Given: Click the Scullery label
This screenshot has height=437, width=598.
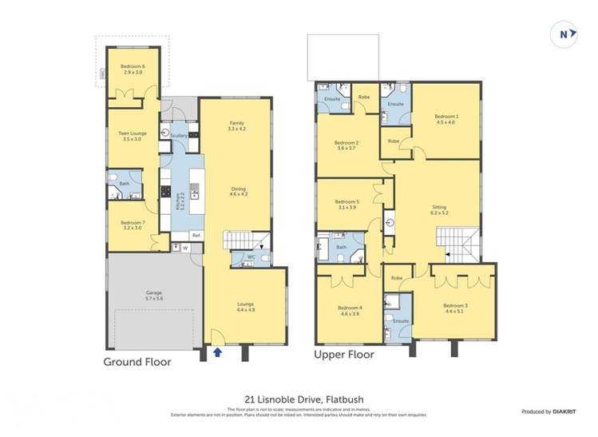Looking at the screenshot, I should pos(179,137).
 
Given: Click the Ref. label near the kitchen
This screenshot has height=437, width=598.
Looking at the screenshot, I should pos(195,235).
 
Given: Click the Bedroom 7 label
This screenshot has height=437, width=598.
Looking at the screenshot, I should pos(133,224).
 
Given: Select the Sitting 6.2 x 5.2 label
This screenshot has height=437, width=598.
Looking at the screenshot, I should pos(439,209).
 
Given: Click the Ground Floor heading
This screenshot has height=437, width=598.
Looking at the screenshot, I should pos(137,361).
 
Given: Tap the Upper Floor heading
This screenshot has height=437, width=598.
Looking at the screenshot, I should pos(345,353).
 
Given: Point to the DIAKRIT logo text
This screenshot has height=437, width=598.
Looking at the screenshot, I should pos(566,411).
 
